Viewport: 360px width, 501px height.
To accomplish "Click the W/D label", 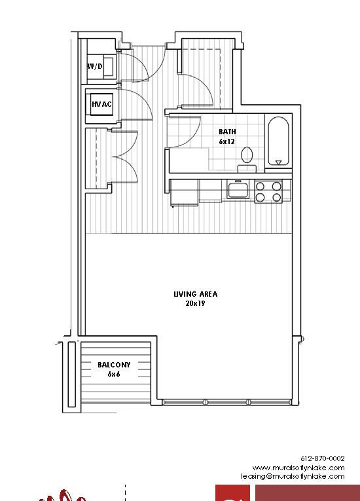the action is coord(95,66).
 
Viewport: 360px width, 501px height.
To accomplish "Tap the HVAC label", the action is coord(101,104).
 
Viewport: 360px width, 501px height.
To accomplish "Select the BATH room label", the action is coord(227,132).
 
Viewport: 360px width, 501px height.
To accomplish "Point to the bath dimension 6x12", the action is coord(226,141).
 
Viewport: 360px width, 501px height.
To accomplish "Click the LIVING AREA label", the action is coord(196,294).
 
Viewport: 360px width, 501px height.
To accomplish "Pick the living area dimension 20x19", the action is coord(195,303).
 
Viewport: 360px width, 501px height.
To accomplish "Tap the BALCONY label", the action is coord(114,365).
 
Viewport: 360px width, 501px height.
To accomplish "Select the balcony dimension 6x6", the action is coord(114,374).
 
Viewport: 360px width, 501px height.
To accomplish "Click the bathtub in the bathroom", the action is coord(278,141).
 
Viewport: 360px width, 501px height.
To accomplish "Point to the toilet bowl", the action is coord(247,155).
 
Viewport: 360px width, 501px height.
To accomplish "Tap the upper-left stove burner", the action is coord(261,186).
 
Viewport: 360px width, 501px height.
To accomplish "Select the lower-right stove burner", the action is coord(277,198).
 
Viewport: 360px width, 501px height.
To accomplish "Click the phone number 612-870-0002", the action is coord(323,458).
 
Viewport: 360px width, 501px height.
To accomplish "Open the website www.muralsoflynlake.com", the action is coord(298,468).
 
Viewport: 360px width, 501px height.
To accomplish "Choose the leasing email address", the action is coord(293,476).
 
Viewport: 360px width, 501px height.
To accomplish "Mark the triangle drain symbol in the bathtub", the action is coord(279,162).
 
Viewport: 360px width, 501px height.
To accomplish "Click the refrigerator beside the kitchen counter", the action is coord(185,193).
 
